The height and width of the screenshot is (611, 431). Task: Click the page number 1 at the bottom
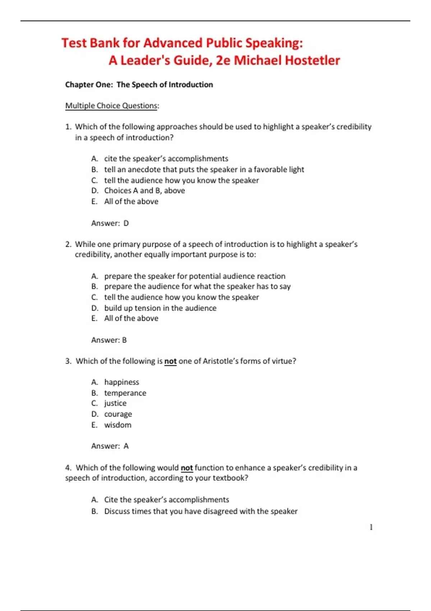pyautogui.click(x=371, y=527)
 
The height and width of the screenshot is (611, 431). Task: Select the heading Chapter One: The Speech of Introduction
pyautogui.click(x=139, y=84)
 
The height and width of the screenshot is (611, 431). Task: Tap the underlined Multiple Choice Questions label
pyautogui.click(x=111, y=106)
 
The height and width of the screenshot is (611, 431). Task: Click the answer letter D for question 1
pyautogui.click(x=126, y=223)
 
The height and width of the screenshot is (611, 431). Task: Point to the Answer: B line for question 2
pyautogui.click(x=109, y=340)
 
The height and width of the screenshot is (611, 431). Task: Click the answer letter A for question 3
pyautogui.click(x=126, y=446)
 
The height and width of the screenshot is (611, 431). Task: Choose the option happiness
pyautogui.click(x=121, y=382)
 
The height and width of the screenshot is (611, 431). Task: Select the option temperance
pyautogui.click(x=125, y=393)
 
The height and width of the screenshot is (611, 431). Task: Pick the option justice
pyautogui.click(x=115, y=403)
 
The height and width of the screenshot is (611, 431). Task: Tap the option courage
pyautogui.click(x=118, y=414)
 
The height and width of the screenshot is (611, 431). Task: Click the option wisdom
pyautogui.click(x=118, y=425)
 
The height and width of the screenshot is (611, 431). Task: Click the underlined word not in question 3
pyautogui.click(x=170, y=361)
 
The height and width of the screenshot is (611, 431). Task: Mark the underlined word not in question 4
pyautogui.click(x=187, y=468)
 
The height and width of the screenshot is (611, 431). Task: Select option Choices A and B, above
pyautogui.click(x=144, y=190)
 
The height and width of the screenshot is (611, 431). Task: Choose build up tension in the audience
pyautogui.click(x=160, y=308)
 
